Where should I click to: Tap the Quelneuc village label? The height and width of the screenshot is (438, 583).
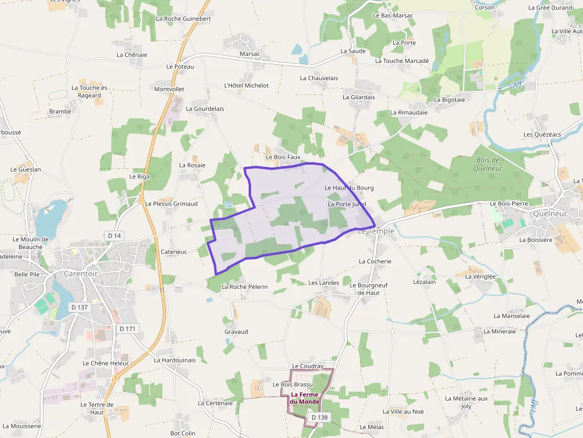(550, 213)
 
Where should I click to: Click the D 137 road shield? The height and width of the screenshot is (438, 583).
(79, 307)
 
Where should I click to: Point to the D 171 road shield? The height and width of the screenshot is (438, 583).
(127, 329)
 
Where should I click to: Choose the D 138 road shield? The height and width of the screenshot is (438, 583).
(319, 417)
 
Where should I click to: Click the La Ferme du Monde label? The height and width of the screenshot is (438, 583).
(305, 398)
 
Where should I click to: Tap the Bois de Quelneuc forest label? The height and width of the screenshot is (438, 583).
(490, 164)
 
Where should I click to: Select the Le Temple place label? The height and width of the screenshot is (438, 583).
(376, 231)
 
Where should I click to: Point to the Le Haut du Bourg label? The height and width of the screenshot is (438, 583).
(349, 188)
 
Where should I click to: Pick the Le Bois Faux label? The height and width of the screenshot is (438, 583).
(283, 157)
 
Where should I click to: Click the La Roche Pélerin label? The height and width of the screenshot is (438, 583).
(245, 286)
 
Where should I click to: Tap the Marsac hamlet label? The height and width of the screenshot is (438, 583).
(250, 53)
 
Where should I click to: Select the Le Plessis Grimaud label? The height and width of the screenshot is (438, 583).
(171, 203)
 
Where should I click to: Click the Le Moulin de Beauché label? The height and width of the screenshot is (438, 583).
(27, 242)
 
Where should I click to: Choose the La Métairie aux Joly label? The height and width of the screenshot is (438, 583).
(466, 402)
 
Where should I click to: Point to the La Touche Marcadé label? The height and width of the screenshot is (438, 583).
(402, 61)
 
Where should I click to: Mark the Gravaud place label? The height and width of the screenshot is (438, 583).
(236, 332)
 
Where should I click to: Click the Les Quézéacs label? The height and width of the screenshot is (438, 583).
(542, 134)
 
